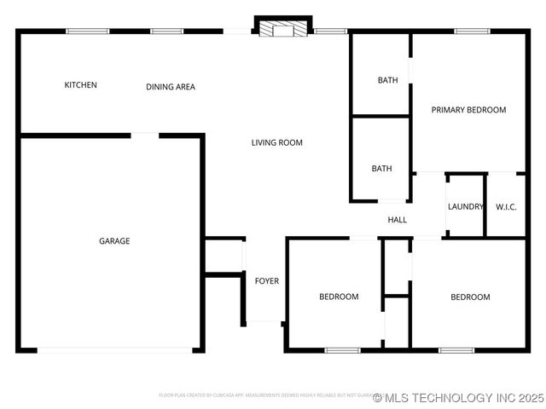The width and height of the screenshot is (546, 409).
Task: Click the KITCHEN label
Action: pos(81,85)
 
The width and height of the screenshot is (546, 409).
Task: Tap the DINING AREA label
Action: pos(171,87)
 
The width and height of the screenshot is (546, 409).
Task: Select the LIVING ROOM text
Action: pos(276,142)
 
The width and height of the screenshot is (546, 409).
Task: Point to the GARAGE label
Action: pos(114,241)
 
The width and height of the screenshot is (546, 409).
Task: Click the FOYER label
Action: pos(267,281)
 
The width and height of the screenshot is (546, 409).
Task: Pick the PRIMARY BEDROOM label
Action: pos(468,110)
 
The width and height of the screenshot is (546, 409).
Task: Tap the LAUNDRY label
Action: pos(466,206)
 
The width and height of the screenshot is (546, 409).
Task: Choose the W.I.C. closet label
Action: pos(506,206)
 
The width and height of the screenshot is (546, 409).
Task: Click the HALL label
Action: pos(398,220)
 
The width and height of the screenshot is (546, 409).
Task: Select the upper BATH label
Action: pos(387,80)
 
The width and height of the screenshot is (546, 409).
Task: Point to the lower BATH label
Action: pos(381,169)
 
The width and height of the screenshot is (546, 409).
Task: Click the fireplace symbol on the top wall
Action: pos(282,29)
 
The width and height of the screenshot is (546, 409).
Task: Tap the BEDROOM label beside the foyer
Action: pos(339,297)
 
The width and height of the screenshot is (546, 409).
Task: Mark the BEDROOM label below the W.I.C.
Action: pos(470,297)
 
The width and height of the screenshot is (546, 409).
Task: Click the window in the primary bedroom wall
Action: pos(472,32)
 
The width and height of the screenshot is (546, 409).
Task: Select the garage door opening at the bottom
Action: pos(114,349)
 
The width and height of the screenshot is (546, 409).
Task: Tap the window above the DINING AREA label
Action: pos(166,32)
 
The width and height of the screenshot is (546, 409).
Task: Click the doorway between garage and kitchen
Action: pos(145,134)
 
